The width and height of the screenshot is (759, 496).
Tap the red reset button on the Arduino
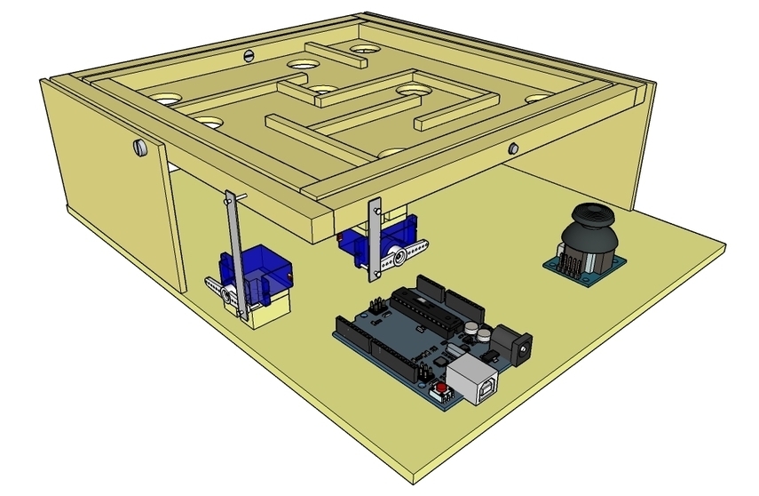point(438,392)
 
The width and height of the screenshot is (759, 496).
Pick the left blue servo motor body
point(261,276)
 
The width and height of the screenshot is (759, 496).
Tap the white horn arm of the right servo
point(407,256)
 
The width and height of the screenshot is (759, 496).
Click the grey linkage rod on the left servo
point(234,252)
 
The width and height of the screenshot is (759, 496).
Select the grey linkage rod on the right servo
point(375,240)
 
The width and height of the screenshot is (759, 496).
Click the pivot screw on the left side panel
point(139,145)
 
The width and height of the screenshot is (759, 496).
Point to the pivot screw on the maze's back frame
point(249,55)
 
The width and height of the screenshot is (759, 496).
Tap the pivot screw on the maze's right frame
point(512,148)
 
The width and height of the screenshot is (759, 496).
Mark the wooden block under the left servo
point(268,312)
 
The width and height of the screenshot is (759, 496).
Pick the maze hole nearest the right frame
point(536,99)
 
